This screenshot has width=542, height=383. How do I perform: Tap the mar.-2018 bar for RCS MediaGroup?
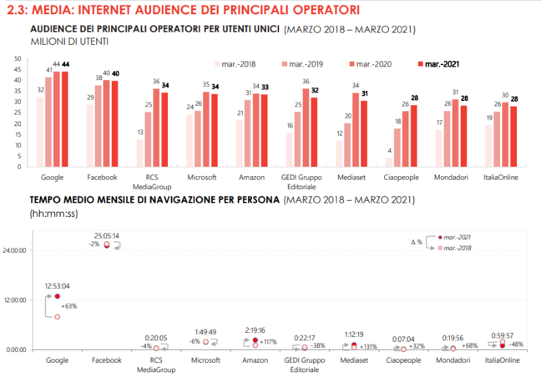[x=140, y=152]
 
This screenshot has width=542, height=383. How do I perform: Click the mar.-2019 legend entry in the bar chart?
[x=302, y=64]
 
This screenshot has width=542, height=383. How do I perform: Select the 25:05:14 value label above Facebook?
[x=106, y=236]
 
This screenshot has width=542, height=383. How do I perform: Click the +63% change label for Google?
[x=69, y=306]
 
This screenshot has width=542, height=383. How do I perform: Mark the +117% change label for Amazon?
[x=269, y=342]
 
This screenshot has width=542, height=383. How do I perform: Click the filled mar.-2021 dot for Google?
[x=58, y=296]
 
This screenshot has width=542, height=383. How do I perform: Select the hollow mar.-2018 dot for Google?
[x=58, y=317]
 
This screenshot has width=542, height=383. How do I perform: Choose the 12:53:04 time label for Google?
[x=57, y=285]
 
